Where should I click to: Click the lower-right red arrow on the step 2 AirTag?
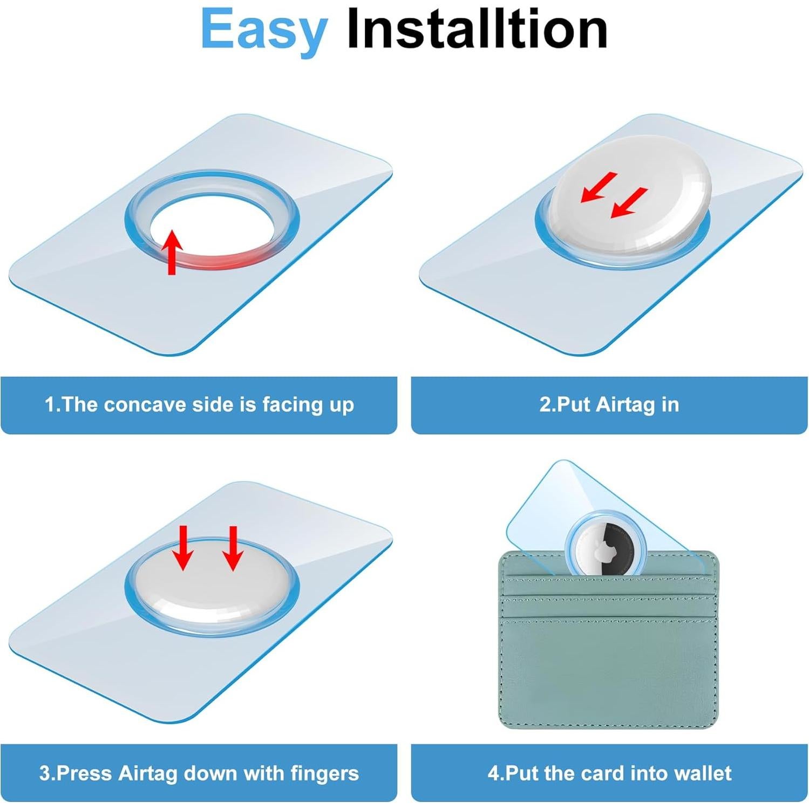[629, 202]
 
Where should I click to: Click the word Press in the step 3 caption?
[84, 773]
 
